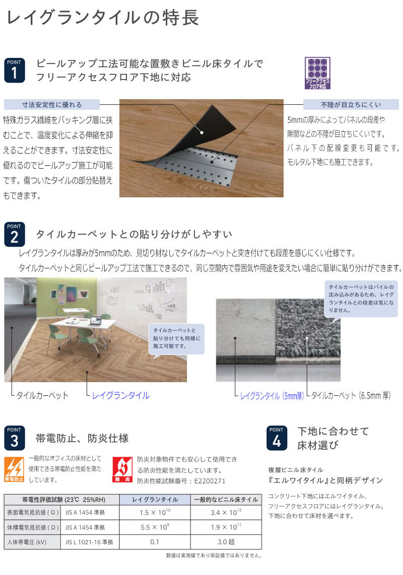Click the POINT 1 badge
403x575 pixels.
15,69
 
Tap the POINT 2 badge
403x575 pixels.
15,234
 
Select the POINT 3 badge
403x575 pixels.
15,438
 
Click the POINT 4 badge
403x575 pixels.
277,438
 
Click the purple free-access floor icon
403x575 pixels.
317,73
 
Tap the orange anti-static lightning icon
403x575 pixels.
14,469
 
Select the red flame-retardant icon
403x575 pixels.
122,469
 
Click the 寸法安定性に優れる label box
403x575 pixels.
52,105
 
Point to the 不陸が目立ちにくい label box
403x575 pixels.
351,105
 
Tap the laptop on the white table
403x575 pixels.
95,321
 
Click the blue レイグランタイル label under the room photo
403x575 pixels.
121,395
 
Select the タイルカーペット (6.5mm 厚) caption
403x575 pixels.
351,395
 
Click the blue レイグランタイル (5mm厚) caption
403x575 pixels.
272,396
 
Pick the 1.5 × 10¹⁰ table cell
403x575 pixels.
155,512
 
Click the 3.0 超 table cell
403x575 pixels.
226,542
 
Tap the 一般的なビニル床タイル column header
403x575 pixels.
226,499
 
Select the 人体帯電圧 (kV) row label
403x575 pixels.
27,542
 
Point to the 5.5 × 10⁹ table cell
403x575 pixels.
155,527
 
